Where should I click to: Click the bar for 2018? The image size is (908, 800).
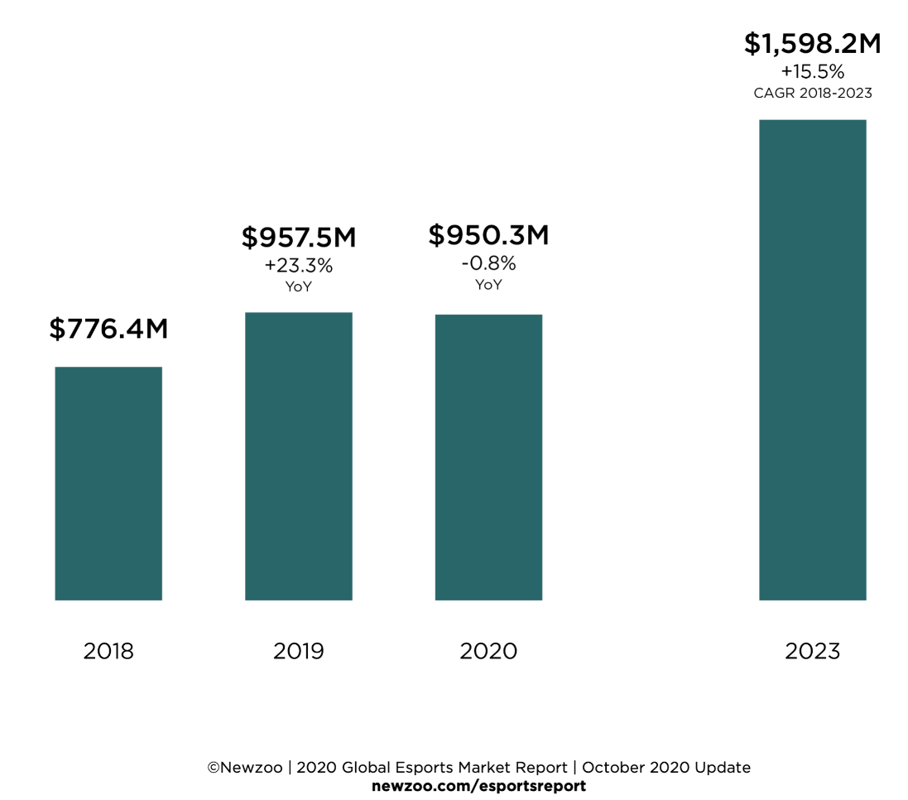(108, 484)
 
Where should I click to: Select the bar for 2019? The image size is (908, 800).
(299, 456)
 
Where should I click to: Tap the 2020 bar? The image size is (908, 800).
(488, 457)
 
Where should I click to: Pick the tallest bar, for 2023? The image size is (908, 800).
(812, 360)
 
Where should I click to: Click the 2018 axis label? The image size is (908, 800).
(108, 652)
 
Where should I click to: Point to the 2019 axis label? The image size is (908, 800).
(299, 652)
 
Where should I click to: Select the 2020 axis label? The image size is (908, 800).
(488, 652)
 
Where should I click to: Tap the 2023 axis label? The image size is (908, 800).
(812, 652)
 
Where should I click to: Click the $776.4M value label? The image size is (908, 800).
(108, 329)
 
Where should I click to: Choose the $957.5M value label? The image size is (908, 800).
(299, 238)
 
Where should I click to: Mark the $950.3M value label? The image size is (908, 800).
(488, 235)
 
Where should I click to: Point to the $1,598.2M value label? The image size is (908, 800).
(812, 43)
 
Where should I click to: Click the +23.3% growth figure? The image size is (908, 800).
(299, 266)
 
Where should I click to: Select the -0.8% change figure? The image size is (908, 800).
(488, 263)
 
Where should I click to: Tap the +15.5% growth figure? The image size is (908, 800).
(812, 71)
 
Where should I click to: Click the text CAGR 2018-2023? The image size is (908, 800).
(812, 93)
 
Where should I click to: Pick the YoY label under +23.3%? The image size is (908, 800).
(299, 287)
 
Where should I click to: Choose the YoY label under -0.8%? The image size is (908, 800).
(488, 285)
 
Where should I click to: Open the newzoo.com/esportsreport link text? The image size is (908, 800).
(478, 786)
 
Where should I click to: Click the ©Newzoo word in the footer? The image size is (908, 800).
(245, 768)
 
